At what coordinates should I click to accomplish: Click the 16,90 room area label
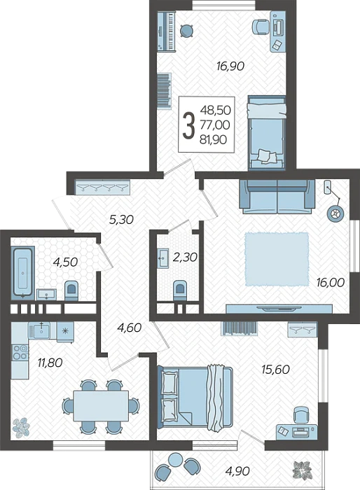click(230, 66)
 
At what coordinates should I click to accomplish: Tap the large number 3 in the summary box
click(188, 125)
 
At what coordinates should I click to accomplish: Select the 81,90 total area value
click(214, 139)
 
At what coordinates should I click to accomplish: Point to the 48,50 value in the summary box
click(216, 110)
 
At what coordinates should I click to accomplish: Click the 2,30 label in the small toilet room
click(185, 257)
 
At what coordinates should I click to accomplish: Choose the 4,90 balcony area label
click(237, 470)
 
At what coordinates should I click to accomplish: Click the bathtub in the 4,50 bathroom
click(23, 272)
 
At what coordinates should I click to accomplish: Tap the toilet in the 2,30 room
click(180, 290)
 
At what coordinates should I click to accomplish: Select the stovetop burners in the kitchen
click(20, 352)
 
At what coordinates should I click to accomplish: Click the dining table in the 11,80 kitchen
click(101, 405)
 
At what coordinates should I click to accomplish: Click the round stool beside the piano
click(187, 31)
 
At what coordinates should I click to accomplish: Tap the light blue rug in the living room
click(277, 259)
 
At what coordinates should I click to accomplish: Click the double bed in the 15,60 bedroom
click(196, 397)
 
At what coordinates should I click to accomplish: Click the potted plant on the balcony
click(302, 470)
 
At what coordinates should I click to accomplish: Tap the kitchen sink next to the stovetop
click(39, 330)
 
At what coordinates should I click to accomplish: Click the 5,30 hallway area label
click(121, 220)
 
